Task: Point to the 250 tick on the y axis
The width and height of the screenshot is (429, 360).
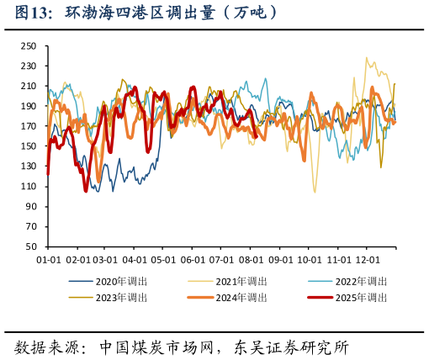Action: (x=29, y=45)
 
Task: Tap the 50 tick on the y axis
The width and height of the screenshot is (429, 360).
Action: (x=31, y=246)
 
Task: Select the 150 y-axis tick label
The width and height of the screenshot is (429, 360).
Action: (x=29, y=146)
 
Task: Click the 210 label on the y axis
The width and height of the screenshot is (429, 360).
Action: (x=29, y=86)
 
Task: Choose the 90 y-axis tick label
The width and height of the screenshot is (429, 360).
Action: (x=31, y=206)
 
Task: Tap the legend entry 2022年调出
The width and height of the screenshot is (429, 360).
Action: (x=363, y=281)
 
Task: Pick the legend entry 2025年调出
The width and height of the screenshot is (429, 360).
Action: (x=363, y=297)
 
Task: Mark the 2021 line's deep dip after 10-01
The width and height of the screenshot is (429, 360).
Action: (x=315, y=192)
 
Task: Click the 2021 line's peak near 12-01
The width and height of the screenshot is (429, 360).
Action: (x=366, y=59)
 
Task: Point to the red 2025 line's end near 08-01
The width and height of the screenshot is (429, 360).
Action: (x=255, y=135)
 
